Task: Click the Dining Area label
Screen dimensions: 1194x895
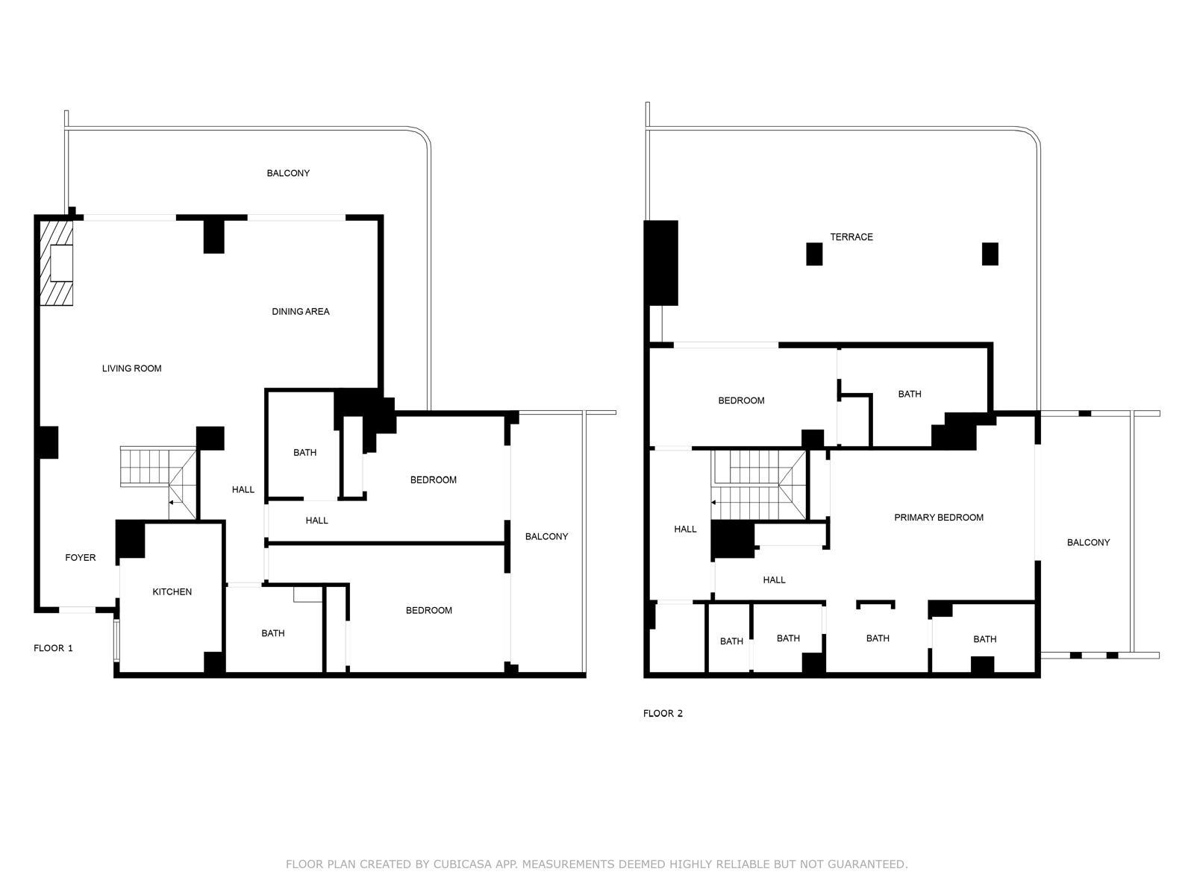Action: (x=300, y=311)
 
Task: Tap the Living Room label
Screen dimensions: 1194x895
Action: (x=131, y=368)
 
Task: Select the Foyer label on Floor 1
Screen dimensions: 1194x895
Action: (x=81, y=558)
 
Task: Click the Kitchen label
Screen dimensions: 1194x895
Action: (x=172, y=591)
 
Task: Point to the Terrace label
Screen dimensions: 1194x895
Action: (x=851, y=237)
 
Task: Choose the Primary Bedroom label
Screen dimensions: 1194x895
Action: (x=939, y=518)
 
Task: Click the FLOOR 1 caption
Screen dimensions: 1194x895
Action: (x=53, y=647)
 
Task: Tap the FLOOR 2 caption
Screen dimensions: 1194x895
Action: (x=663, y=714)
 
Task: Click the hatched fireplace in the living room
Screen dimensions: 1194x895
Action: (x=57, y=263)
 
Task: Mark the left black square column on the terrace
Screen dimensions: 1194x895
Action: (x=814, y=254)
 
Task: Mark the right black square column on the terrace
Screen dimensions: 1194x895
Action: (x=990, y=254)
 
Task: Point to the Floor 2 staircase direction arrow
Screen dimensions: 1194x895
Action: (x=715, y=503)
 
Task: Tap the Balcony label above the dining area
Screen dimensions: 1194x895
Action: (x=288, y=173)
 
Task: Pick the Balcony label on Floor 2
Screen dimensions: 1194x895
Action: (x=1089, y=542)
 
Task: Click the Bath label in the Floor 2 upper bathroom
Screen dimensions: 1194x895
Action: (x=910, y=394)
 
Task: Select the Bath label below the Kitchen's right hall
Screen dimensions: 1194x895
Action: (x=273, y=633)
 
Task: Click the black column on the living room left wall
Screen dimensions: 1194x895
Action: (x=48, y=442)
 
